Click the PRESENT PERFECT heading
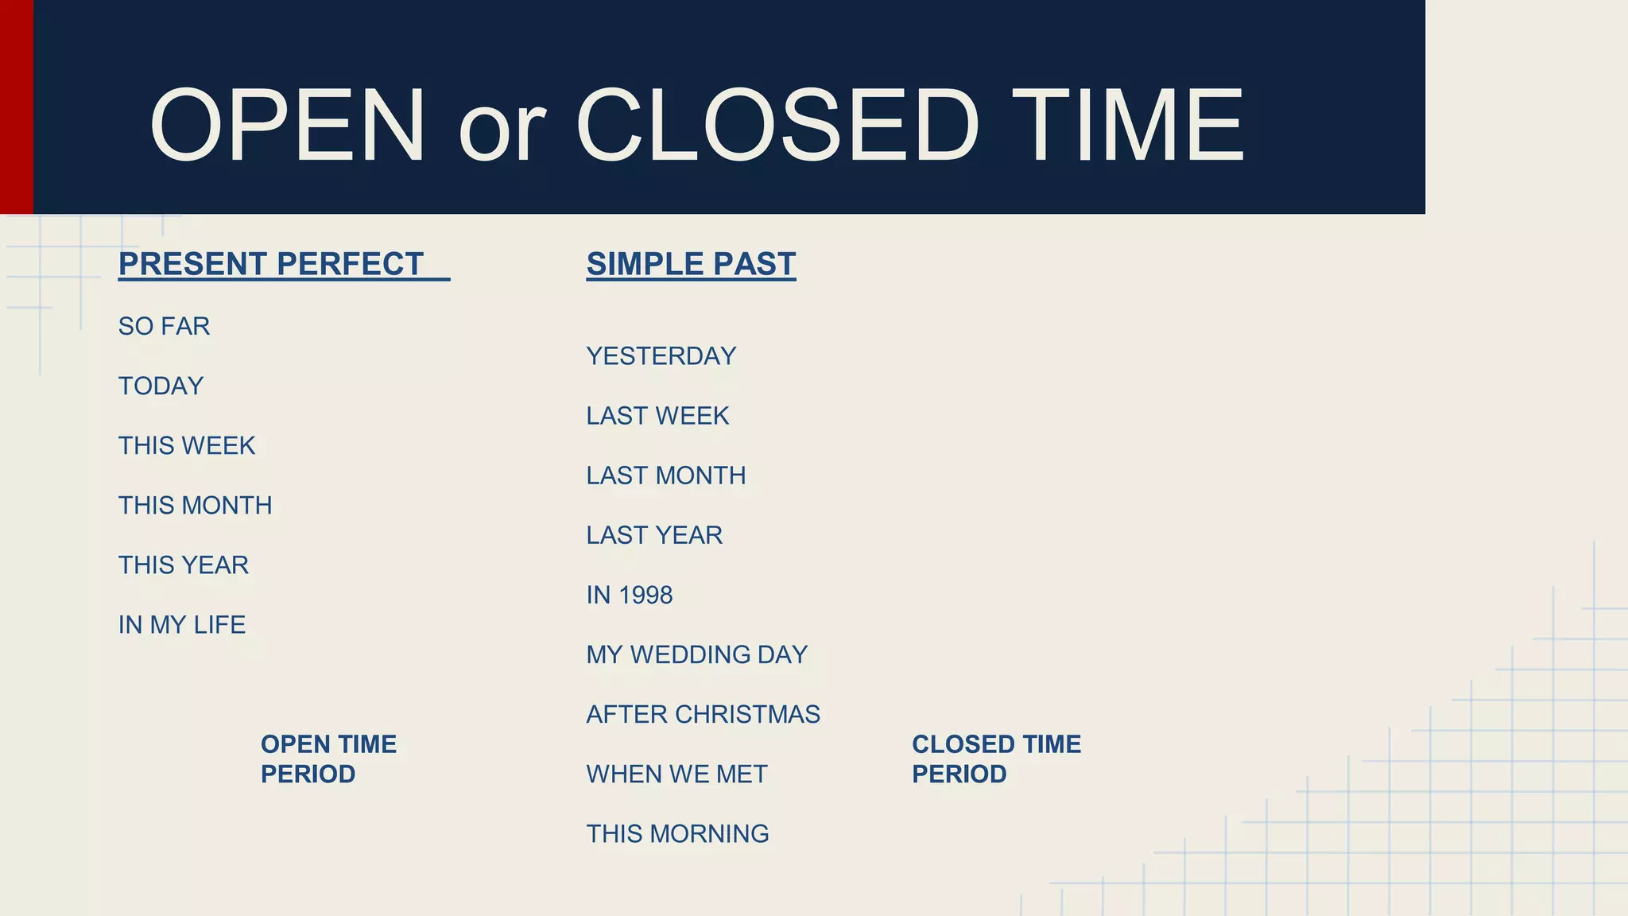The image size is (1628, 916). (271, 264)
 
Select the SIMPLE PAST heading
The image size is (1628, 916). (691, 264)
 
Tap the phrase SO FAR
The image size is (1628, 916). (164, 326)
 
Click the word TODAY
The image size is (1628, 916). (161, 386)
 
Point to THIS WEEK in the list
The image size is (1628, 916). (187, 445)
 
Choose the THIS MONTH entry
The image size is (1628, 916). (195, 505)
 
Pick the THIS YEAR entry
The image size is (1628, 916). (183, 565)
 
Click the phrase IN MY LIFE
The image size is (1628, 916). (181, 624)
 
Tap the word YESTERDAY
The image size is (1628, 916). (661, 356)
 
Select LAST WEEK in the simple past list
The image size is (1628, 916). (657, 416)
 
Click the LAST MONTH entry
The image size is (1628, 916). (665, 475)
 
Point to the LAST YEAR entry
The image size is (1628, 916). (654, 535)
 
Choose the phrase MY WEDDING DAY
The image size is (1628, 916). (696, 654)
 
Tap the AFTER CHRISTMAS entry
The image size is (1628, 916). (703, 714)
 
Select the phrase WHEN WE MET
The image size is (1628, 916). (676, 774)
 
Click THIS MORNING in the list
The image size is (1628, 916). (677, 833)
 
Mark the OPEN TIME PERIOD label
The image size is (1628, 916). (328, 759)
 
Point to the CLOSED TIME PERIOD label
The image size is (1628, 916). (995, 759)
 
